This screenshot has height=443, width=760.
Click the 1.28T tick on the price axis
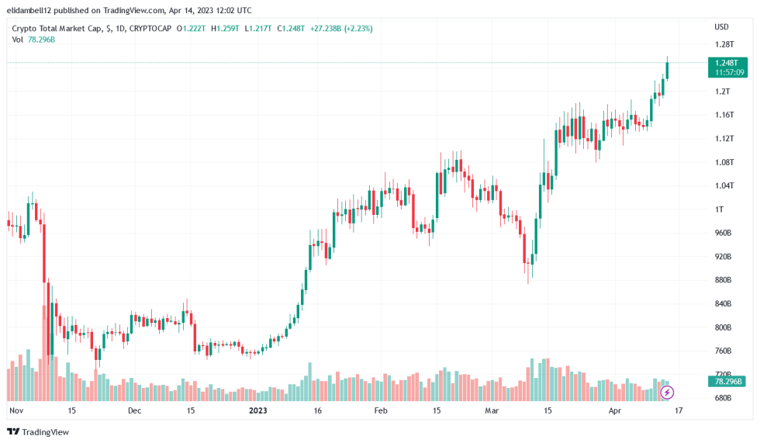pos(724,44)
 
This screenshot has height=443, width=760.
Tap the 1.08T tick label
pos(724,162)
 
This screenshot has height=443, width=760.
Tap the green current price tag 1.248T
pos(727,63)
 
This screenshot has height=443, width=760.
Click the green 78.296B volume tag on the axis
pos(727,382)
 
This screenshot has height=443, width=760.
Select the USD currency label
pos(721,27)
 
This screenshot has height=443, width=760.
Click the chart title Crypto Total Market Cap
pos(57,29)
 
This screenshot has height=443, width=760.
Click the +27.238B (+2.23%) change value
pos(341,29)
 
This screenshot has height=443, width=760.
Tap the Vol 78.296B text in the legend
pos(33,40)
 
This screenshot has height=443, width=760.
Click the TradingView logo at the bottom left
pos(38,432)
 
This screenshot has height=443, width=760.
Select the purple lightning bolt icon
pos(667,393)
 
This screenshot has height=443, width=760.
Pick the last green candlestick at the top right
pos(668,68)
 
